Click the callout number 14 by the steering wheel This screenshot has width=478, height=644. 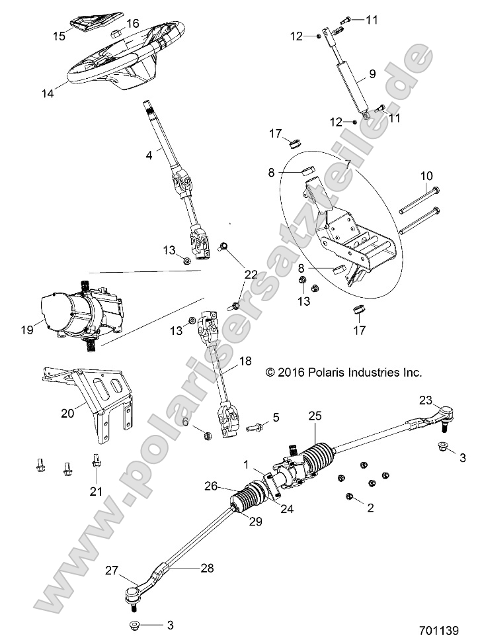[x=48, y=93]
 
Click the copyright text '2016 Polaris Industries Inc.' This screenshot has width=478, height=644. [x=342, y=373]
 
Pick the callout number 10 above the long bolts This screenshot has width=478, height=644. [x=426, y=175]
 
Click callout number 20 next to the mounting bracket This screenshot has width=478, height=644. [x=67, y=413]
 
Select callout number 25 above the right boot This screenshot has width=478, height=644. [x=315, y=416]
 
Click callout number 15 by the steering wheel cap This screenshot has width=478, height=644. [x=59, y=36]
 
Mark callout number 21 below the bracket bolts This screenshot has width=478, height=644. [x=97, y=490]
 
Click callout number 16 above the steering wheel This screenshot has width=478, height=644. [x=133, y=23]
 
